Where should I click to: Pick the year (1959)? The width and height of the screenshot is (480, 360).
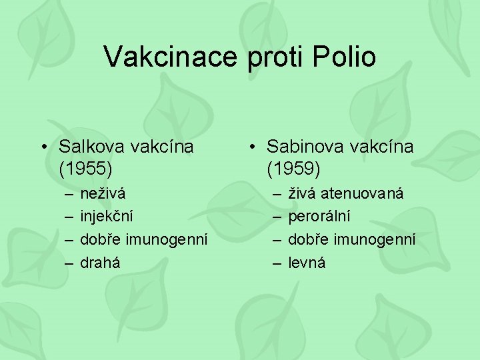pos(294,169)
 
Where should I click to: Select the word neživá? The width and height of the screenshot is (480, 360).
pos(102,194)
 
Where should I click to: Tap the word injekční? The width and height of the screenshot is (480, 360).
pos(107,217)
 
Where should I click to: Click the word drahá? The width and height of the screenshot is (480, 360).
pos(101,262)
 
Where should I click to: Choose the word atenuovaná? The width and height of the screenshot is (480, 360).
pos(364,194)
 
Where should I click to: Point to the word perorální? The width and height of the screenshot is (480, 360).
pos(319,217)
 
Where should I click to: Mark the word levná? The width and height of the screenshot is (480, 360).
pos(307,262)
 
